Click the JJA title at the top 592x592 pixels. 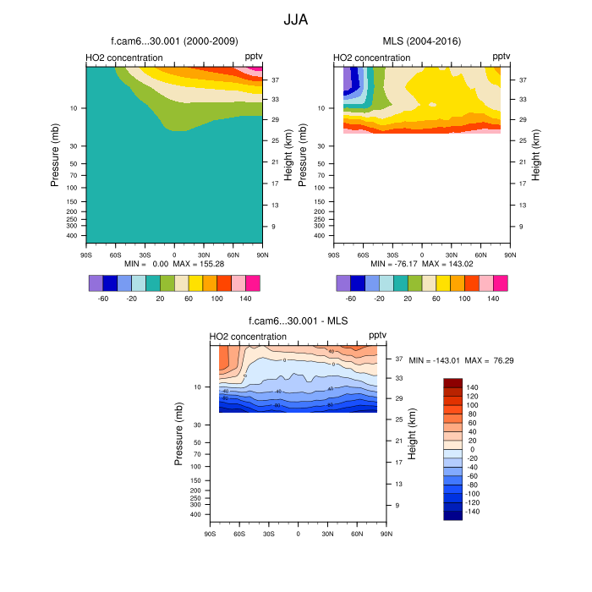click(x=296, y=18)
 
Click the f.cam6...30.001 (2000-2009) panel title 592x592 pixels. click(x=174, y=41)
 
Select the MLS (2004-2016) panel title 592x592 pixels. click(x=421, y=41)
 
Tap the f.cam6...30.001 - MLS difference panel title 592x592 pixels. click(x=298, y=321)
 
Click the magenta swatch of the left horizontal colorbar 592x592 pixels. click(x=253, y=282)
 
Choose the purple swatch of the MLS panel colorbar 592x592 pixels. click(x=343, y=282)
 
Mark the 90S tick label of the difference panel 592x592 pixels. click(x=210, y=534)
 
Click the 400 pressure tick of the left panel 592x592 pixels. click(x=73, y=236)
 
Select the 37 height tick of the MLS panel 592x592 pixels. click(x=523, y=80)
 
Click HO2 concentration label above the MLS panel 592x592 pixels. click(x=372, y=58)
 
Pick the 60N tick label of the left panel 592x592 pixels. click(x=233, y=254)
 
